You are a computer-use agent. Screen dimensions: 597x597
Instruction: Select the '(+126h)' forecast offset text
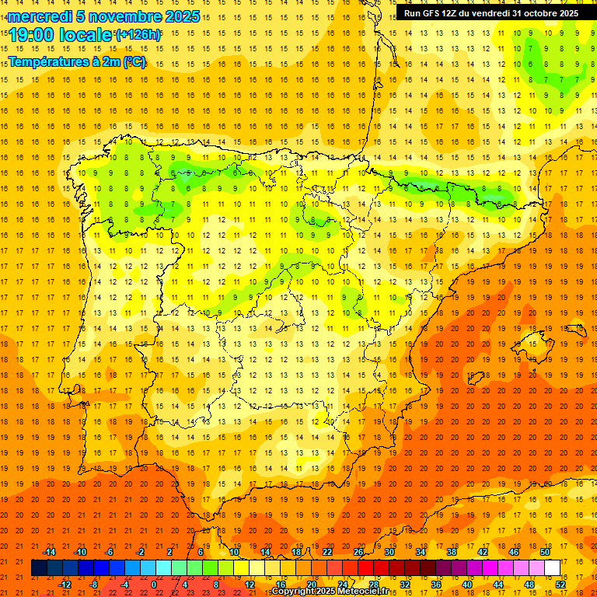click(138, 34)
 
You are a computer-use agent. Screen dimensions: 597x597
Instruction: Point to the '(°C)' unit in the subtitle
click(133, 61)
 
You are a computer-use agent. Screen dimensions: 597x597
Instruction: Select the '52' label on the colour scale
click(560, 584)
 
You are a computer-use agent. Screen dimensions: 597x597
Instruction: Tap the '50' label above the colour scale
click(545, 552)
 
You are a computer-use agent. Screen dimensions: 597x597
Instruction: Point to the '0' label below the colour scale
click(154, 584)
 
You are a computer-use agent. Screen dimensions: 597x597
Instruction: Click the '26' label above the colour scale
click(358, 552)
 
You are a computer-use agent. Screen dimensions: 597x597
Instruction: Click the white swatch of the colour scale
click(552, 568)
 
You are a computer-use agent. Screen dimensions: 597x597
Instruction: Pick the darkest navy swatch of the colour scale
click(39, 568)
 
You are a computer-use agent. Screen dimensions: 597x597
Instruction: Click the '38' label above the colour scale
click(452, 552)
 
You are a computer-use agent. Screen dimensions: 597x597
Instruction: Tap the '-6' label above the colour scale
click(110, 552)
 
